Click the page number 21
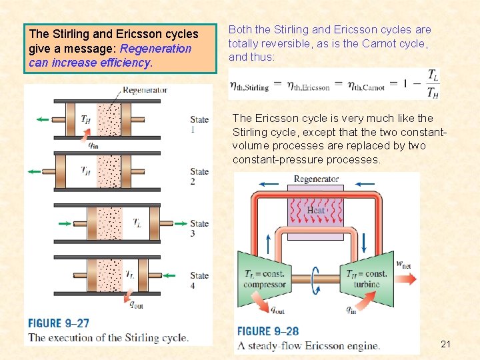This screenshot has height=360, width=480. [x=446, y=344]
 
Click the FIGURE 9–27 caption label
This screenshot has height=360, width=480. [x=59, y=323]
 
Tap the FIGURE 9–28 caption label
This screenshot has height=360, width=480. [x=268, y=331]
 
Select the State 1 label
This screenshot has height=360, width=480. [x=199, y=125]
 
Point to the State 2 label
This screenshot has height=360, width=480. [x=199, y=177]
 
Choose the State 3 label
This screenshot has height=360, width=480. [x=199, y=229]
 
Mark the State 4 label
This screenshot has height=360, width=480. [x=199, y=281]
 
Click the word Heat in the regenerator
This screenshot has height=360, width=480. [x=316, y=211]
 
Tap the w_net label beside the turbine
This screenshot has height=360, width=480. [x=403, y=264]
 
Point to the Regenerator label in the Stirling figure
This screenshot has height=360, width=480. [x=145, y=89]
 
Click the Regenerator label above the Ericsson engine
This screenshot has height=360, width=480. [x=316, y=179]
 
